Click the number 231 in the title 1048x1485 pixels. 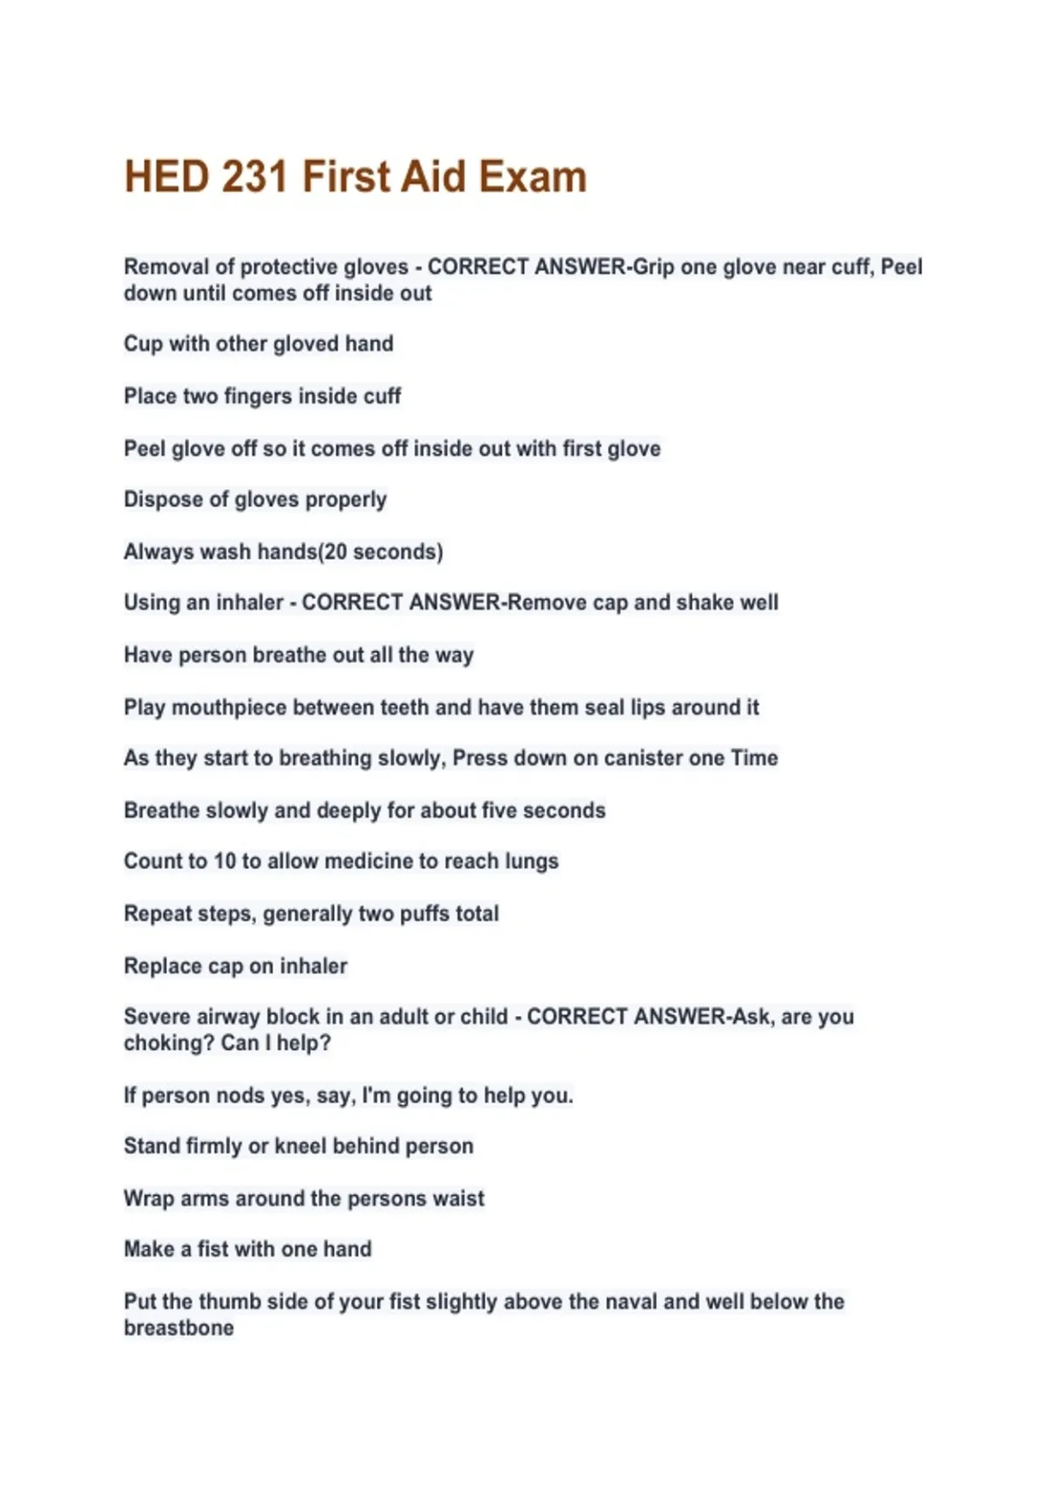coord(254,176)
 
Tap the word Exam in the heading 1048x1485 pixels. coord(532,176)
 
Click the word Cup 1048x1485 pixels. coord(143,344)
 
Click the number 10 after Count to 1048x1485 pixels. coord(224,861)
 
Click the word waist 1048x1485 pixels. coord(459,1198)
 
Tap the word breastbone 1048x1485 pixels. coord(179,1328)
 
